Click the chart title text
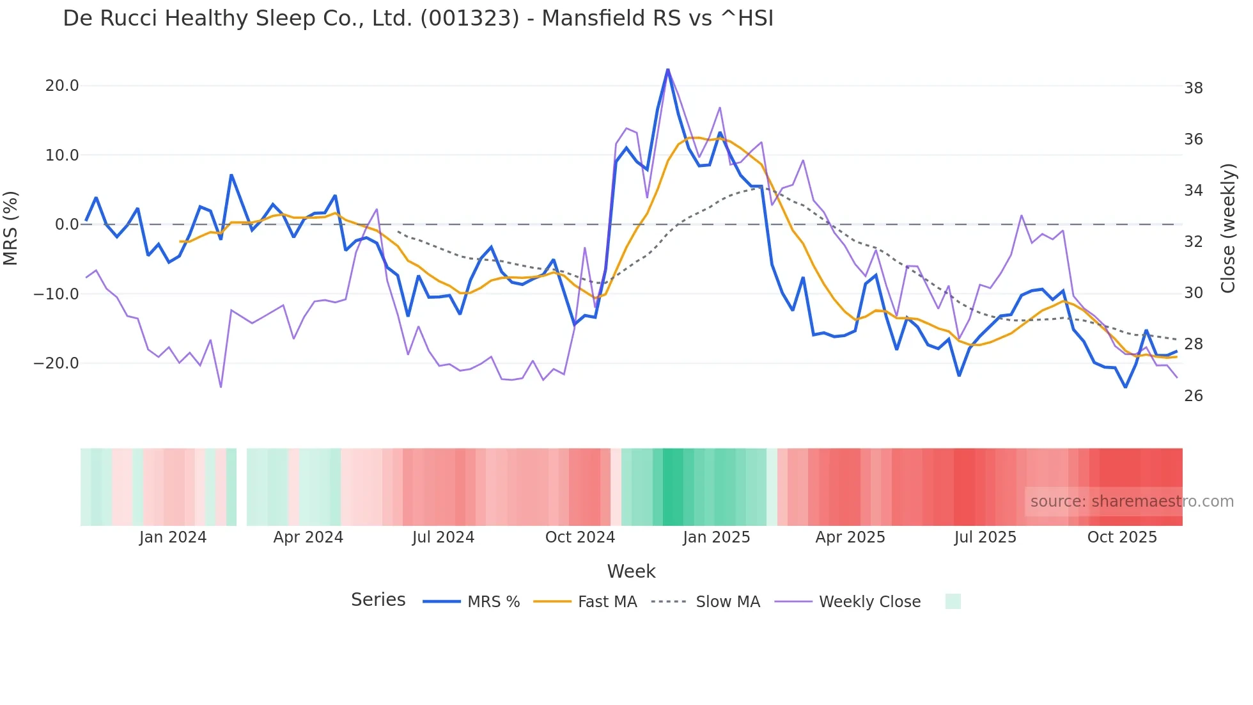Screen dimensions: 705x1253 (x=418, y=19)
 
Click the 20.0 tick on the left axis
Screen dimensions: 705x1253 (x=62, y=86)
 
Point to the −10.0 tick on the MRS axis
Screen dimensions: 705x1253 (x=56, y=294)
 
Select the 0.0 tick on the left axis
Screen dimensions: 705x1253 (x=66, y=225)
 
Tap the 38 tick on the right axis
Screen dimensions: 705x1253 (x=1193, y=88)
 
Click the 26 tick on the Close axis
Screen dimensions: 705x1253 (x=1193, y=396)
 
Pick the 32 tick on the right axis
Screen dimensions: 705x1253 (x=1193, y=242)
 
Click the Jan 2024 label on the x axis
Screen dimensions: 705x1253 (x=173, y=537)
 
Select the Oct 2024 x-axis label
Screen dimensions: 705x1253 (x=580, y=537)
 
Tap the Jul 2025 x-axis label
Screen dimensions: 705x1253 (x=985, y=537)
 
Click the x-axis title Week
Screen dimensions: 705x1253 (x=631, y=571)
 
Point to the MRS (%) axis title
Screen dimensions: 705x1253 (x=11, y=228)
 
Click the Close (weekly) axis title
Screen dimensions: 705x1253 (x=1228, y=228)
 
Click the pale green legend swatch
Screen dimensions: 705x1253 (x=953, y=601)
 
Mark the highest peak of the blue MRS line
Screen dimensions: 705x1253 (x=667, y=70)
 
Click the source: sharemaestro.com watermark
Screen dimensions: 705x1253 (x=1132, y=502)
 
